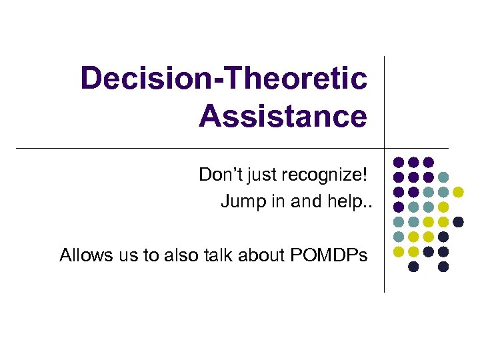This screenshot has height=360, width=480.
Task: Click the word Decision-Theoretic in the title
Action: click(x=223, y=79)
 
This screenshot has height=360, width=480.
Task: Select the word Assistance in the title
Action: click(x=283, y=116)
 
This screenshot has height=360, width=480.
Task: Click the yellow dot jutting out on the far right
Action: click(x=458, y=192)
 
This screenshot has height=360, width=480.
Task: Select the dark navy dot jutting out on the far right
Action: click(x=458, y=222)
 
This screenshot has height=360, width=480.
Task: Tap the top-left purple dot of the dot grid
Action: click(x=399, y=162)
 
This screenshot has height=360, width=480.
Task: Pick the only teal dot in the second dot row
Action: click(x=443, y=177)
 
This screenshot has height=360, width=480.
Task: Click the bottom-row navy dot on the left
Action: click(x=413, y=267)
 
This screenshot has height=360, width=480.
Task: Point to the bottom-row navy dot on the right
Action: click(x=443, y=267)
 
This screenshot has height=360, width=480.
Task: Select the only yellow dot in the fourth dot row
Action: click(x=443, y=207)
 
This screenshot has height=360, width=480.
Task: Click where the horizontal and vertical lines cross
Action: click(x=385, y=147)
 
